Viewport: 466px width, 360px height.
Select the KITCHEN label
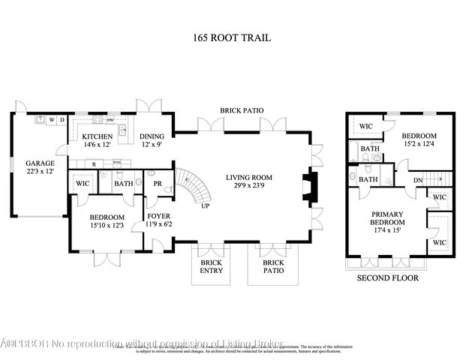(98, 136)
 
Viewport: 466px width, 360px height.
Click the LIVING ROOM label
(249, 178)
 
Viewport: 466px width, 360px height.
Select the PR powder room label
(158, 183)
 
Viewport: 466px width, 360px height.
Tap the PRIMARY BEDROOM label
(387, 218)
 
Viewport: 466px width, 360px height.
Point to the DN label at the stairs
(419, 180)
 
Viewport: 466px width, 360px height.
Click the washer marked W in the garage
(51, 119)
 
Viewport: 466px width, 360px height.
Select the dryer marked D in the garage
(62, 119)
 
